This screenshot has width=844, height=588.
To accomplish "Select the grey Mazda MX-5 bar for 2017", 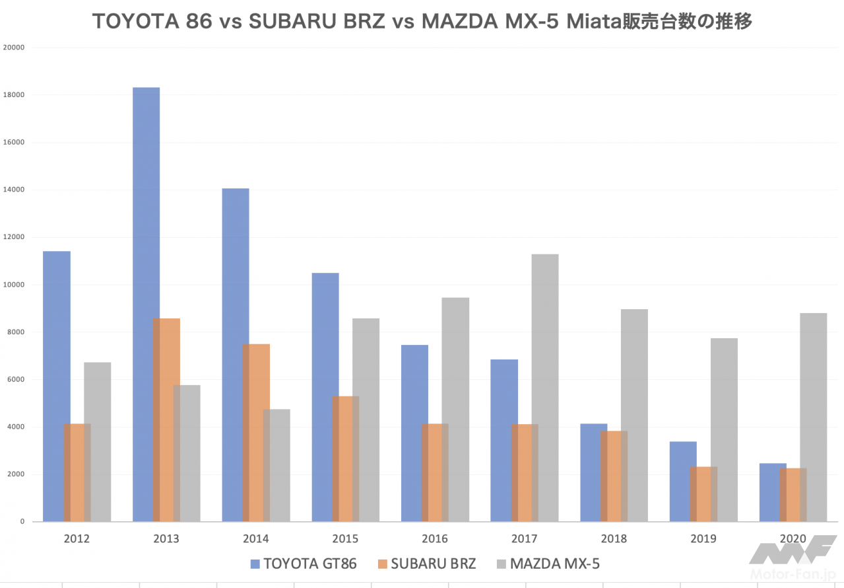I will point(545,388).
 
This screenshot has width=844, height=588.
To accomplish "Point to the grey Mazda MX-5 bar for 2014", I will point(276,465).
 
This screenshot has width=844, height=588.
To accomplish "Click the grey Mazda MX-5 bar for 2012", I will point(98,441).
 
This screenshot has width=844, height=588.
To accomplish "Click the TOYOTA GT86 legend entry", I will point(304,564).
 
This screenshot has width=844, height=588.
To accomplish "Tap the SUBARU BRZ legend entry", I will point(426,564).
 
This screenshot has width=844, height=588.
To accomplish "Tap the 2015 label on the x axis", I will point(345,538).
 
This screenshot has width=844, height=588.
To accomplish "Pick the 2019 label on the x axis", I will point(703,538).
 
